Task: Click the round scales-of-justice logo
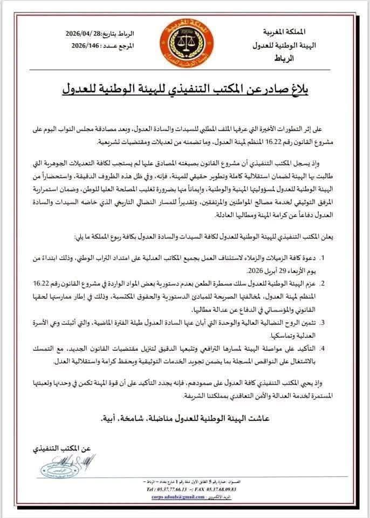click(x=185, y=42)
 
